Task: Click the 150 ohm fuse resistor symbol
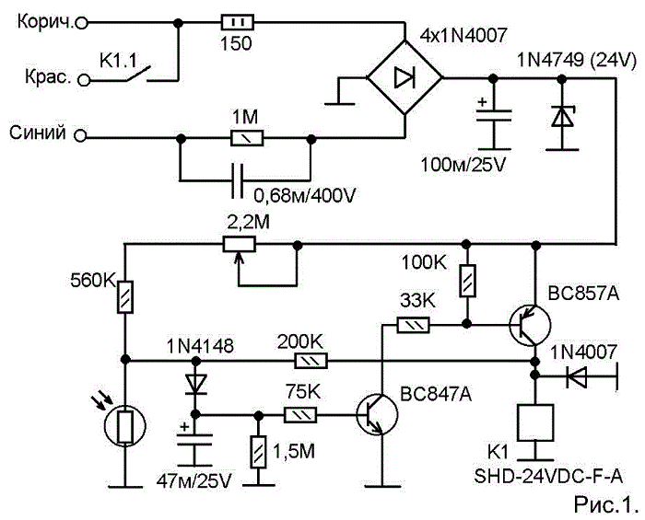point(238,23)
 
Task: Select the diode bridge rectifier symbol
point(405,77)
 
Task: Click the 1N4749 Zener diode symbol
point(562,118)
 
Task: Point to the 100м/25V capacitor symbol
point(494,115)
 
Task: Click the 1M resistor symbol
point(247,138)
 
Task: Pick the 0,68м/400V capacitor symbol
point(238,180)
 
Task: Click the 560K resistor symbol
point(125,297)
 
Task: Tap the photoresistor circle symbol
point(125,427)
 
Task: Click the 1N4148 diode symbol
point(195,383)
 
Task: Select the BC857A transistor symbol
point(530,325)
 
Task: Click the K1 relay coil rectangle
point(535,422)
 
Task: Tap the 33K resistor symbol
point(413,325)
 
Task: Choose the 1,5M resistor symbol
point(258,452)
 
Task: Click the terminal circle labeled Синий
point(81,135)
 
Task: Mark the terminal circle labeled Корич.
point(82,23)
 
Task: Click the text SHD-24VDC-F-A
point(548,477)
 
